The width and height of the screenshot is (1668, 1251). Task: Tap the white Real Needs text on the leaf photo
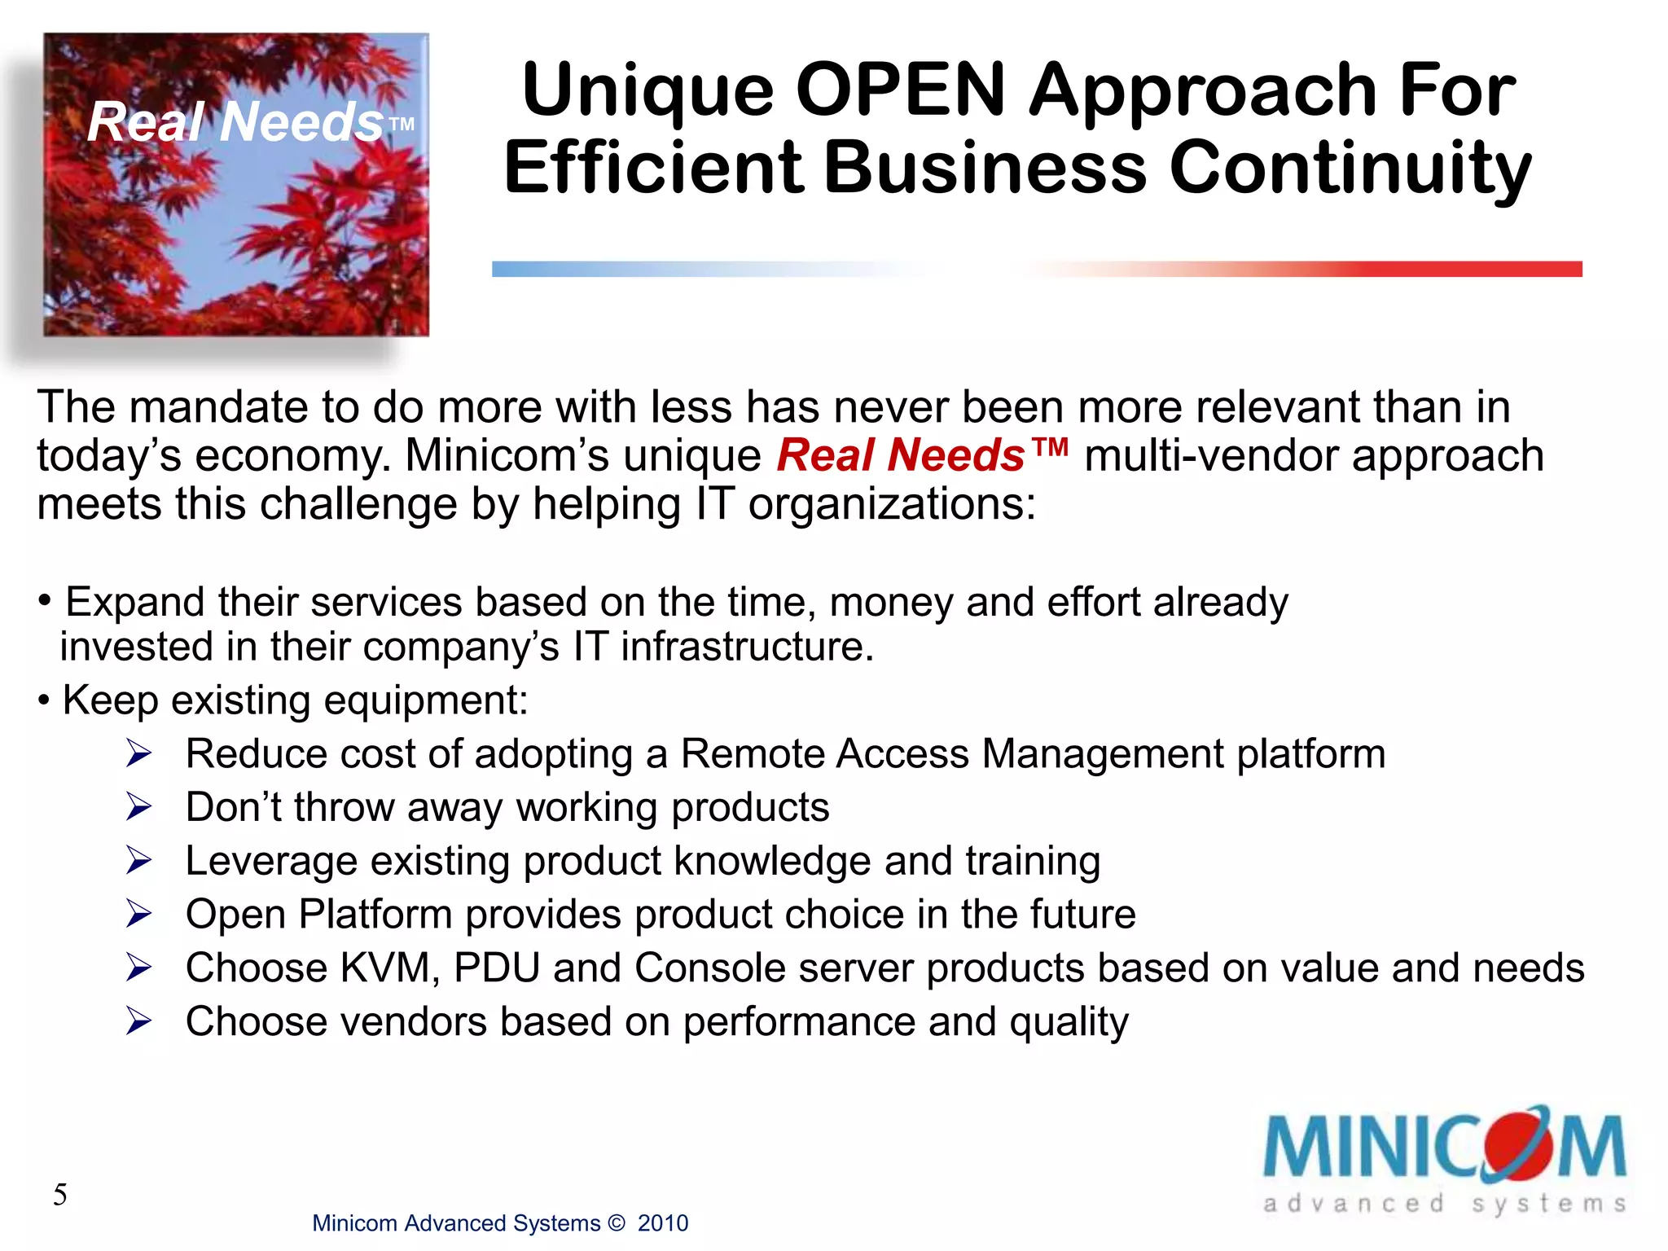[x=235, y=122]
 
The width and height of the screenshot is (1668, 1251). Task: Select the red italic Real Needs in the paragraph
[x=900, y=455]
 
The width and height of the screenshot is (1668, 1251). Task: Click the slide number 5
[x=60, y=1195]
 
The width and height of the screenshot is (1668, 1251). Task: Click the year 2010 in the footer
[x=662, y=1223]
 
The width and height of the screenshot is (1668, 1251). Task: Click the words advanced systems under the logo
[x=1444, y=1204]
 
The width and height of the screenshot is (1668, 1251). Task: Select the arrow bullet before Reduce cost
[x=139, y=754]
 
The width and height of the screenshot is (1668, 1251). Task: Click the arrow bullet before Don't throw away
[x=139, y=808]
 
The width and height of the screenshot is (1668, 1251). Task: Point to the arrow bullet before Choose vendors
[x=139, y=1022]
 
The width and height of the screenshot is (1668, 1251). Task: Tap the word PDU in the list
[x=497, y=968]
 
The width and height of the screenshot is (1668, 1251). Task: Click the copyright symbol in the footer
[x=617, y=1223]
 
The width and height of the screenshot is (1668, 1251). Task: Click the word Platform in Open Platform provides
[x=375, y=915]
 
